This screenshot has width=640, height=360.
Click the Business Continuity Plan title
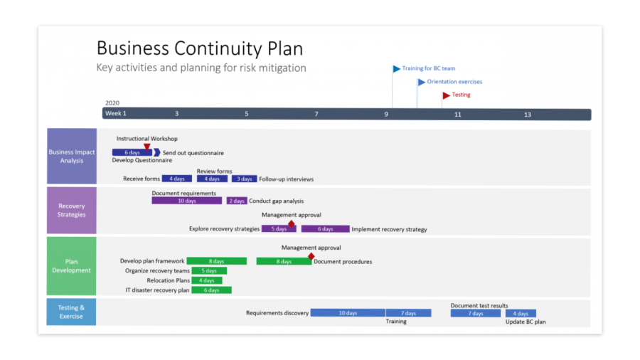tap(200, 48)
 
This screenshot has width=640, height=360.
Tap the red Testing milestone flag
tap(446, 95)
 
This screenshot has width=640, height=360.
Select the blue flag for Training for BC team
tap(397, 69)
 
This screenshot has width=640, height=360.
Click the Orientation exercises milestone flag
tap(421, 82)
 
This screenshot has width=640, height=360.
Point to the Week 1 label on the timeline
tap(116, 114)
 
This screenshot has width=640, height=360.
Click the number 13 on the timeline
tap(528, 115)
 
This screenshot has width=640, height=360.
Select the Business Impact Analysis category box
tap(72, 157)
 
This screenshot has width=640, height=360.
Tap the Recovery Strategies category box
tap(72, 211)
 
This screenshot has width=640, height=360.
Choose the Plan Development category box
tap(72, 266)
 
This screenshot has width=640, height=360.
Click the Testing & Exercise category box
tap(72, 312)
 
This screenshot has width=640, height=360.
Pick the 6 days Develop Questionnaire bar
tap(132, 152)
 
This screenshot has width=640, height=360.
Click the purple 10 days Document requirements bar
tap(186, 201)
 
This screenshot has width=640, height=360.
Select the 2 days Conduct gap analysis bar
tap(237, 201)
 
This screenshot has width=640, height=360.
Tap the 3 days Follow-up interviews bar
tap(244, 179)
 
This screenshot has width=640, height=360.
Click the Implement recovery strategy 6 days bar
tap(325, 229)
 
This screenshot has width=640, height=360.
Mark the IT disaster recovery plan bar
tap(211, 290)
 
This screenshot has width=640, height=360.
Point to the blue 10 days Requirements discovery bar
tap(348, 313)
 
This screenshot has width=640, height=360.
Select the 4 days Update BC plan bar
tap(521, 313)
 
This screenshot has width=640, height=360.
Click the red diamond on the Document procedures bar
tap(311, 256)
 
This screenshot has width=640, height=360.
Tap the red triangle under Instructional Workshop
tap(147, 147)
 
